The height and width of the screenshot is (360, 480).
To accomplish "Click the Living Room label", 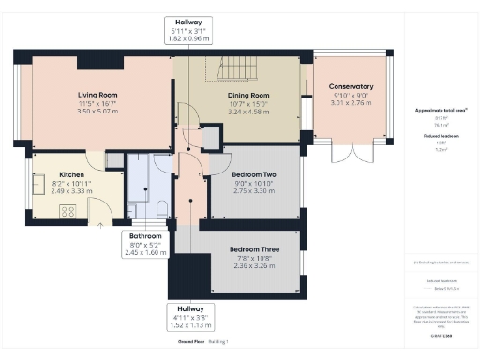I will point(96,94).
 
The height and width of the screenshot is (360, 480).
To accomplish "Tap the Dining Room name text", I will point(249,94).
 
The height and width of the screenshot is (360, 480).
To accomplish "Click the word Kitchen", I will point(72,175).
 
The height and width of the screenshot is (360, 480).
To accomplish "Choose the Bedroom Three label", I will point(255,249).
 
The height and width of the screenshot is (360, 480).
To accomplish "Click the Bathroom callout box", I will point(145,243).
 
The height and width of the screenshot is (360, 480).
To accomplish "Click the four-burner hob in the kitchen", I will point(68,211).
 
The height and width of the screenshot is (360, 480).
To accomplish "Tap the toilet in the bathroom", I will point(161,207).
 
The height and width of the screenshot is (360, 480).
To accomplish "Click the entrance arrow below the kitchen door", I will point(102,224).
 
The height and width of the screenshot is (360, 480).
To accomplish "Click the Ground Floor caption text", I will point(168,344).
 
